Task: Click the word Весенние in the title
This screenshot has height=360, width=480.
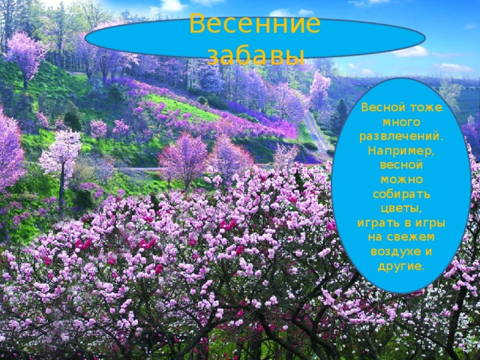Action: pyautogui.click(x=255, y=24)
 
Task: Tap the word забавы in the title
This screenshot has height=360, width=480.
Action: pyautogui.click(x=255, y=55)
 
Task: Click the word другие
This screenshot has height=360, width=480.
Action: pyautogui.click(x=401, y=265)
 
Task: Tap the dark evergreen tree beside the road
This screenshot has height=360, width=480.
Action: pyautogui.click(x=339, y=116)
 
